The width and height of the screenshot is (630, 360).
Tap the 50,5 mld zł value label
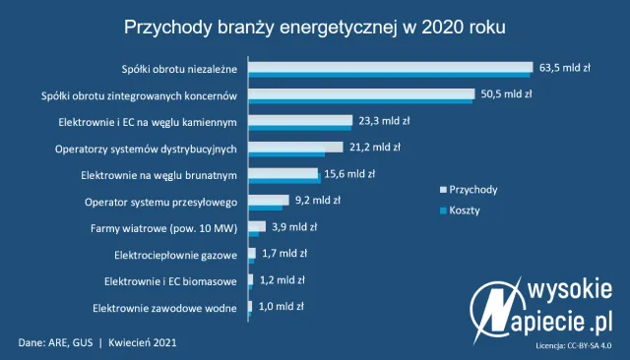pos(506,94)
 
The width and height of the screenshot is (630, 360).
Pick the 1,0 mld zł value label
pos(281,306)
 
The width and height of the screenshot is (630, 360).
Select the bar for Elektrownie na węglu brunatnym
pos(283,175)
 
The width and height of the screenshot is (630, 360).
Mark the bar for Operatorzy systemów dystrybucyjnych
pos(293,149)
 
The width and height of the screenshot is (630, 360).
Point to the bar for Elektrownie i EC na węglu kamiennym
pos(299,122)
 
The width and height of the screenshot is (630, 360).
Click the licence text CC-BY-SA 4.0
pos(574,346)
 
